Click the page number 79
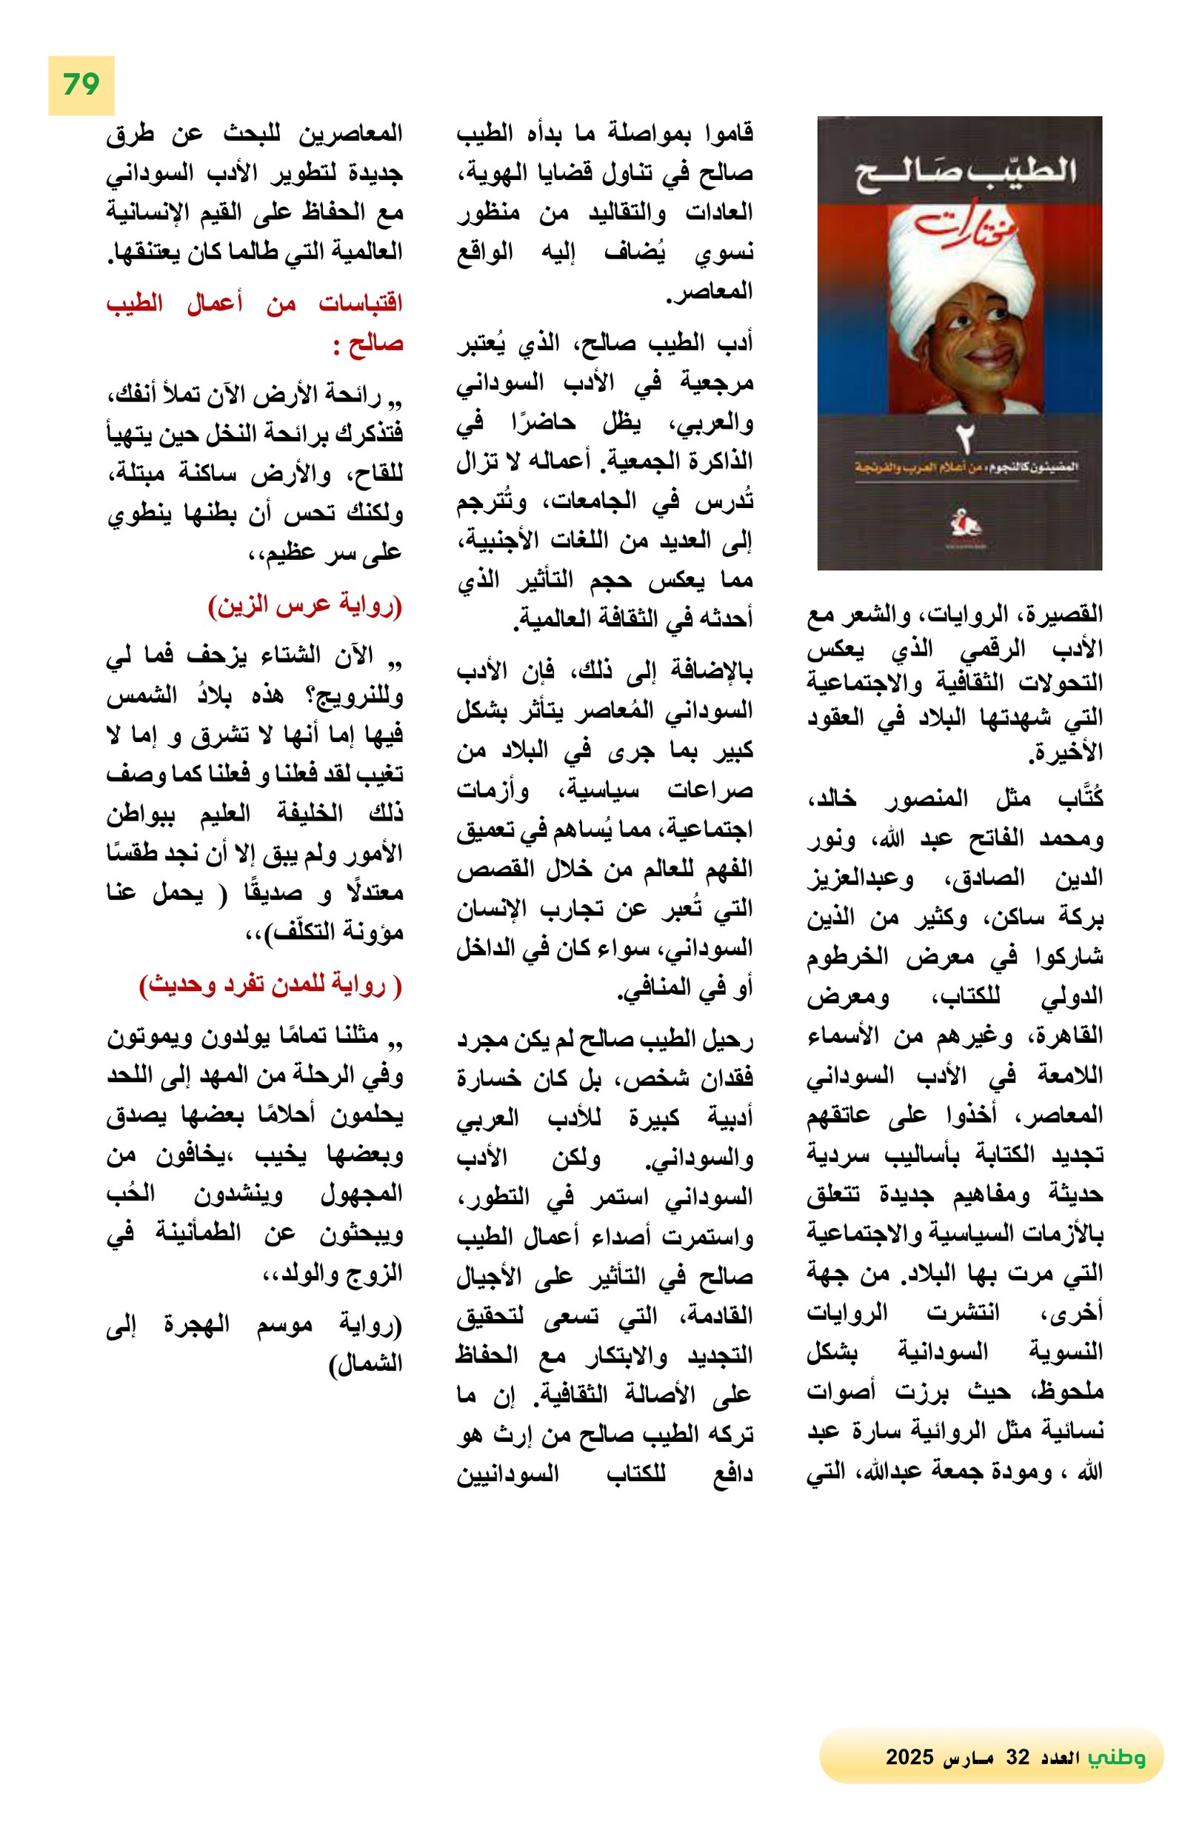[x=81, y=84]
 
